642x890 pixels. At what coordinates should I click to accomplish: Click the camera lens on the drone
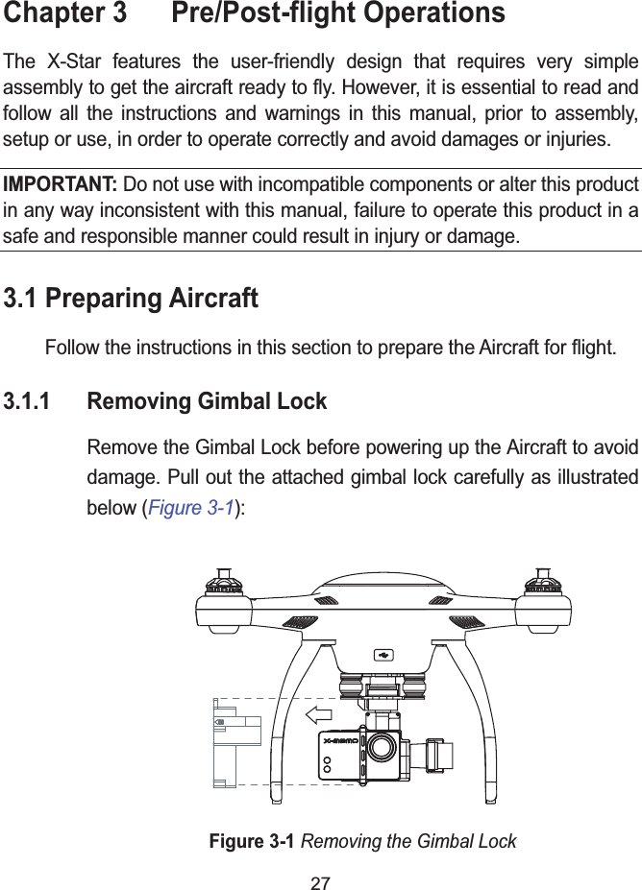(383, 746)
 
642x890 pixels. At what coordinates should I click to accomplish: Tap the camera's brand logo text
(340, 741)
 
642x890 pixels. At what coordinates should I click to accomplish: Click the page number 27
(320, 877)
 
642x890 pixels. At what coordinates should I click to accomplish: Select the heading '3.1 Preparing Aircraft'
(132, 299)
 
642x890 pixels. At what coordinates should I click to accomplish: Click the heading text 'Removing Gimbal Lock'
(207, 400)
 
